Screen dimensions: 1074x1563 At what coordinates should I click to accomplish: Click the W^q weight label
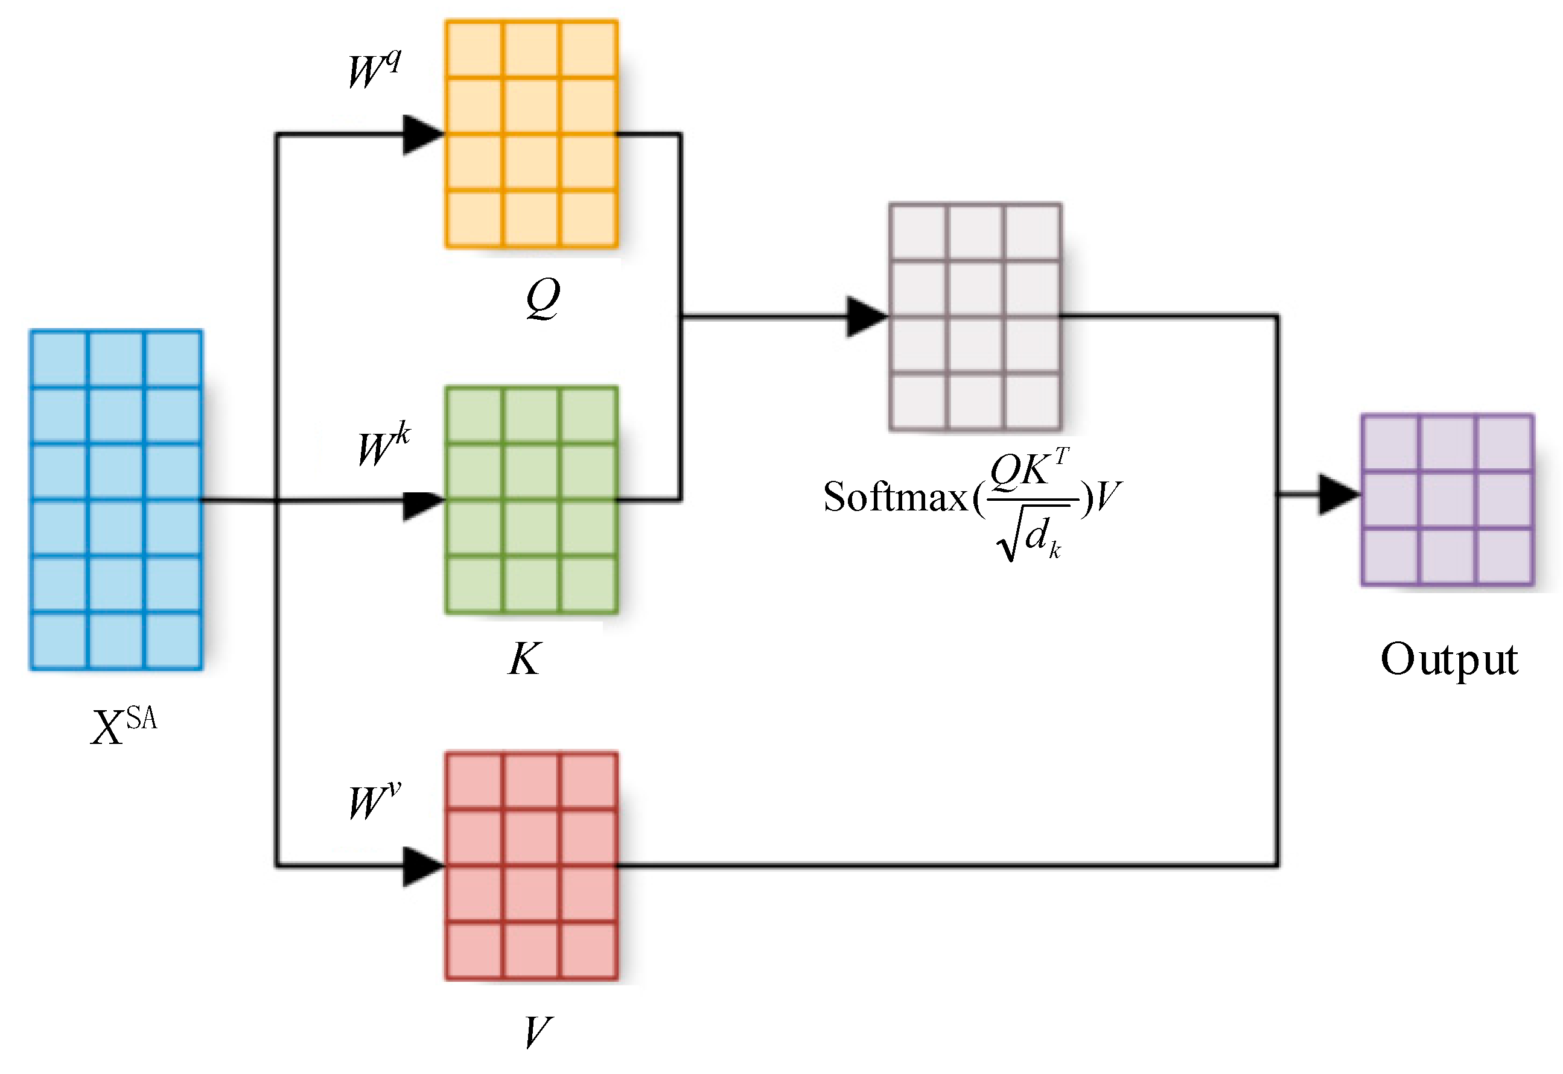374,70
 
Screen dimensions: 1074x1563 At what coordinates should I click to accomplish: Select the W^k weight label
384,444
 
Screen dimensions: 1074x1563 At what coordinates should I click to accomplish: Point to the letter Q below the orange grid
543,297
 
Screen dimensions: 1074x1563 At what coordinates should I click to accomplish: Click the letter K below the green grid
524,659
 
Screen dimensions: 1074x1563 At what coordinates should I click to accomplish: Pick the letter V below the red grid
538,1032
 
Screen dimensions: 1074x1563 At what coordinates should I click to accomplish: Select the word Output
1448,660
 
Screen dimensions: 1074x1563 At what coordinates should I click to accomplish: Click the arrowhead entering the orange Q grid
421,135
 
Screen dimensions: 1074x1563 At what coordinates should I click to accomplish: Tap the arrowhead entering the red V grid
421,866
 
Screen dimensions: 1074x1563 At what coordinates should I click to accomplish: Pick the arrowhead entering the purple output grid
1338,495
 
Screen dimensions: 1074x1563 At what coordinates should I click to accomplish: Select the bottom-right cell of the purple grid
1504,556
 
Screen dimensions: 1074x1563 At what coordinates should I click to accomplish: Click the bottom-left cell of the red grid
474,950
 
